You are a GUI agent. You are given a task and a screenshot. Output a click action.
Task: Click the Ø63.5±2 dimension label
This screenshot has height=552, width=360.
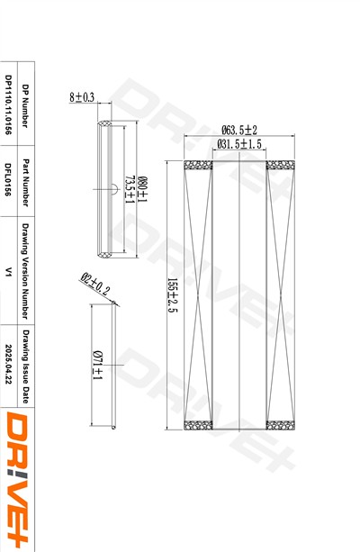coord(239,130)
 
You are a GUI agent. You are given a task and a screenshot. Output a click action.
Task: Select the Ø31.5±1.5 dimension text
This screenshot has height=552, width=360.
coord(239,144)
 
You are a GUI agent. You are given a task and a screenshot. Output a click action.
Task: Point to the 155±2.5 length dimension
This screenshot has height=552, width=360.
coord(173,295)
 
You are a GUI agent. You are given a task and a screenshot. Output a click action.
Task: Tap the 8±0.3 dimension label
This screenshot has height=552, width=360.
coord(82,97)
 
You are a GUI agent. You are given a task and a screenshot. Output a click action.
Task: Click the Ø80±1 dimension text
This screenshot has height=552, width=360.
coord(142,189)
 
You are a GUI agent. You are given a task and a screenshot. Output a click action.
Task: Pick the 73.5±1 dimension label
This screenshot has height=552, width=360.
coord(130,189)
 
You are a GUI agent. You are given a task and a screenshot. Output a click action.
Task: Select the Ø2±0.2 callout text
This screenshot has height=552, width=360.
coord(95,284)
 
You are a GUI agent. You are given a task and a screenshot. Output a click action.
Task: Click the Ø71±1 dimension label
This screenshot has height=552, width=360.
coord(97,365)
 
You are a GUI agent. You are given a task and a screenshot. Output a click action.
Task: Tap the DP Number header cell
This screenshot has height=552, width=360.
coord(25,105)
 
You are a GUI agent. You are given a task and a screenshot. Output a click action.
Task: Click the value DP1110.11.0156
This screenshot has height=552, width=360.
coord(8,104)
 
